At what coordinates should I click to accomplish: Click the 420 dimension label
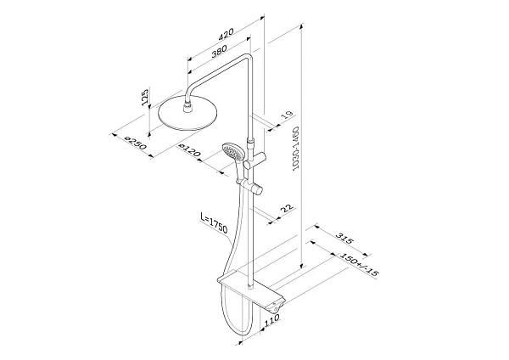226,34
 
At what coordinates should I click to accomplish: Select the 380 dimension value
219,51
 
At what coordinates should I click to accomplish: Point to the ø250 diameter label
136,143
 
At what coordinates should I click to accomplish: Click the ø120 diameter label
189,150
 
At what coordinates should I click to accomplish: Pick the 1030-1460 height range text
295,149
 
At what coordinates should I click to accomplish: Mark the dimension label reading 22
287,208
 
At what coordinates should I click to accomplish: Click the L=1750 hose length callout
214,223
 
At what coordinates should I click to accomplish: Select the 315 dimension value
344,239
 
